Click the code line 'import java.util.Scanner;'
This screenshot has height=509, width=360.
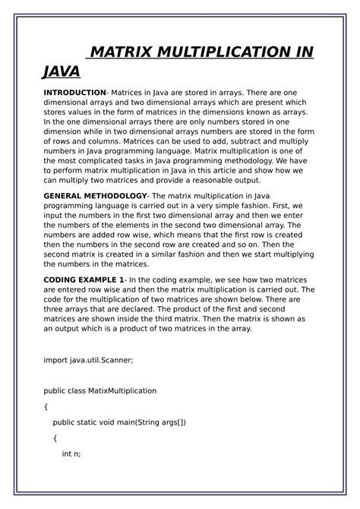tap(88, 359)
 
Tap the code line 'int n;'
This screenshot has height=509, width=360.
tap(71, 454)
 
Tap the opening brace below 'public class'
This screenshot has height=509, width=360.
tap(46, 406)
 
